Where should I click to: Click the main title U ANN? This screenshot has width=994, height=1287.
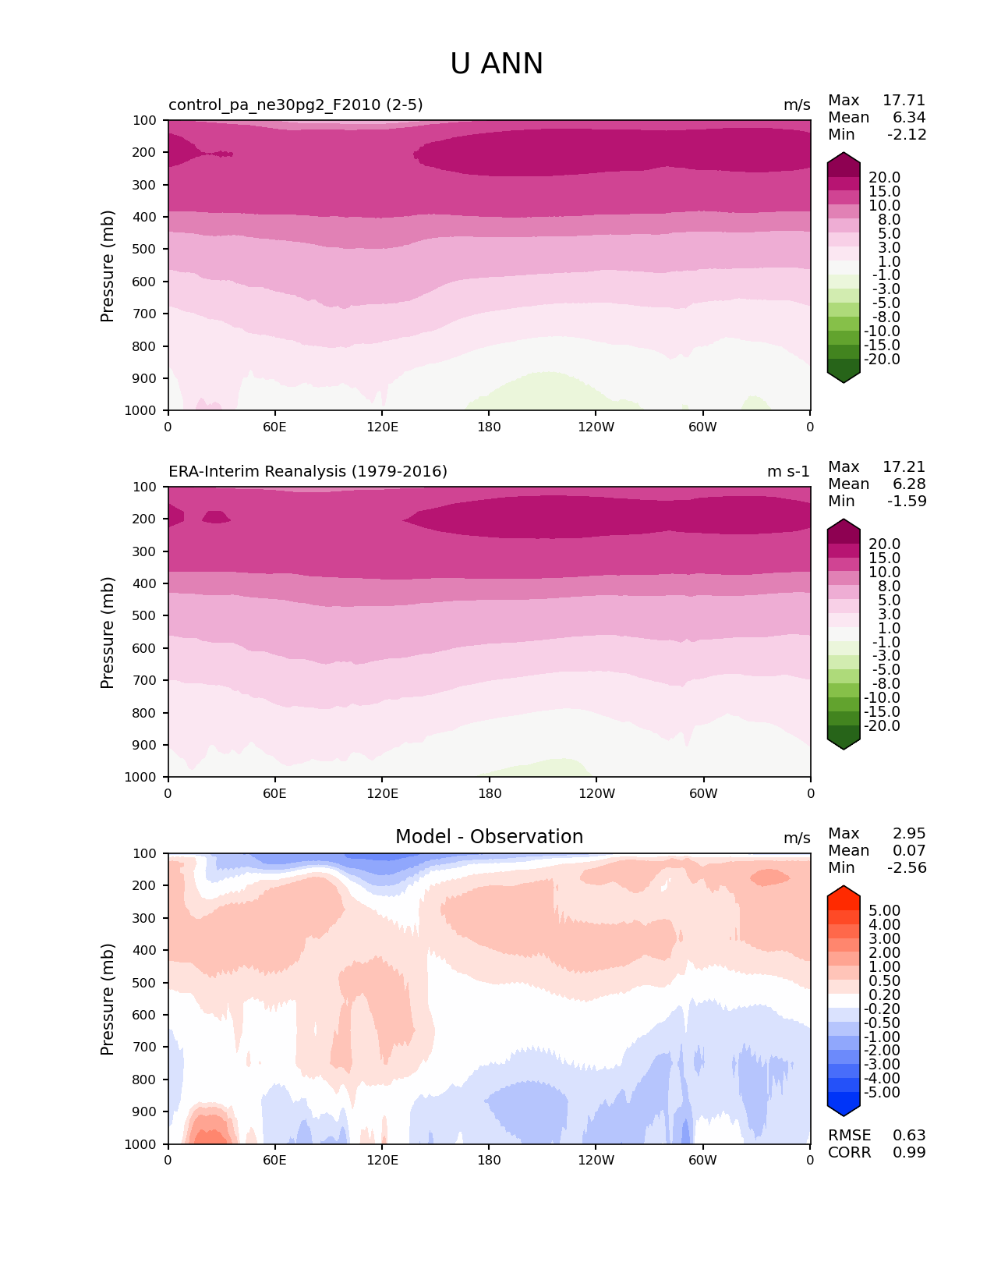click(497, 64)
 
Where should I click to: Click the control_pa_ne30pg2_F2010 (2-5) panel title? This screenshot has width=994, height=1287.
click(295, 105)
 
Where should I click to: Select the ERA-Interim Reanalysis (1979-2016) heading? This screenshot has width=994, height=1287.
click(308, 472)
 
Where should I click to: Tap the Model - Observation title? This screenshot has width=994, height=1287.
click(489, 837)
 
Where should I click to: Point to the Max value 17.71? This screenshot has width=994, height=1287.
click(904, 101)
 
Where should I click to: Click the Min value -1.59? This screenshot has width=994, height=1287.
click(907, 502)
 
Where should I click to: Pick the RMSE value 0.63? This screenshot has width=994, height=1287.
click(909, 1136)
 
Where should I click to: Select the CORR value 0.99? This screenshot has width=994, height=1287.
click(909, 1153)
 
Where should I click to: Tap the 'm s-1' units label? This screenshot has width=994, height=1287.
click(788, 472)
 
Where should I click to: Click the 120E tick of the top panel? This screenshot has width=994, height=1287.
click(382, 427)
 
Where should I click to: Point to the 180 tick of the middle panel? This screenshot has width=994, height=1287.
click(490, 793)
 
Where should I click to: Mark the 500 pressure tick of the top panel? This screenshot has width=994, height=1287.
click(145, 250)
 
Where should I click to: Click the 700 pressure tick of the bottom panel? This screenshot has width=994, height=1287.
click(145, 1048)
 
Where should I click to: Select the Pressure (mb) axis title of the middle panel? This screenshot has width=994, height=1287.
click(108, 633)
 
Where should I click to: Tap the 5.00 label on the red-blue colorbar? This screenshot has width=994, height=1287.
click(884, 911)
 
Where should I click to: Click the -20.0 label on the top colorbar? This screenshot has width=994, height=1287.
click(884, 360)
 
